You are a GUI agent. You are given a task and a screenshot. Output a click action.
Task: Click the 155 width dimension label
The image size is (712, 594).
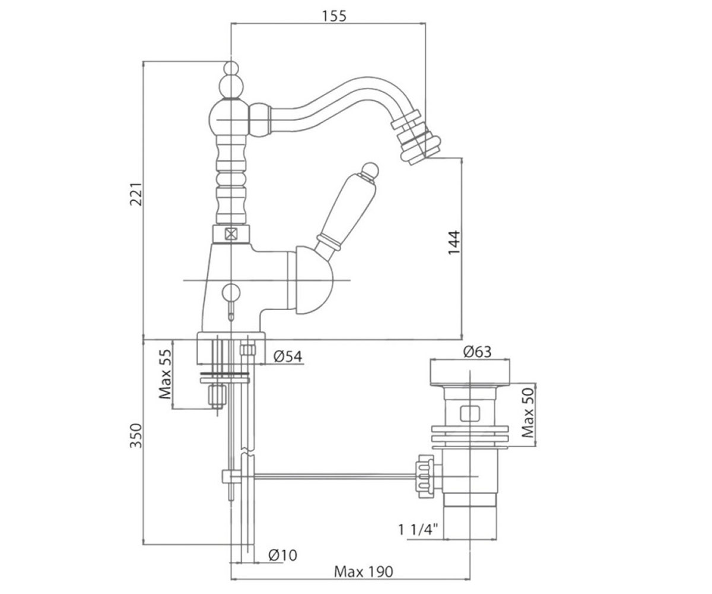tap(334, 16)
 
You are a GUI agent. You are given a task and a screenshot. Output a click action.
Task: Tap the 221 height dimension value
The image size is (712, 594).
tap(136, 194)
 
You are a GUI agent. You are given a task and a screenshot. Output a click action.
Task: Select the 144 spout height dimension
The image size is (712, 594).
tap(454, 242)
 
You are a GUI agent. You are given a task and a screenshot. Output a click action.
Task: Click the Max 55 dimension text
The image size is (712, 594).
tap(166, 374)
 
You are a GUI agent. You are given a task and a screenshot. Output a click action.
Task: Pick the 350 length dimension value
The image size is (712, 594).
tap(136, 435)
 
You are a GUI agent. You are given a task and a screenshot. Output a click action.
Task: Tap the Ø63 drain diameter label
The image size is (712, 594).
tap(478, 352)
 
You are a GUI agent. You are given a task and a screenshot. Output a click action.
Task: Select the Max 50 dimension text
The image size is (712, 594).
tap(528, 413)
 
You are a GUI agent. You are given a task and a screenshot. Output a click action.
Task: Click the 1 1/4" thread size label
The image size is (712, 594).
tap(418, 529)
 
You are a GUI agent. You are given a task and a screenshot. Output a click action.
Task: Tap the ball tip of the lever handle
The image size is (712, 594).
tap(370, 170)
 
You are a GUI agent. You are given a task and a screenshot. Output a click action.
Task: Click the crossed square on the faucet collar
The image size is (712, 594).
tap(231, 234)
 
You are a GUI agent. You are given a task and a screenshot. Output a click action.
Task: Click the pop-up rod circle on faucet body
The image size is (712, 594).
tap(231, 293)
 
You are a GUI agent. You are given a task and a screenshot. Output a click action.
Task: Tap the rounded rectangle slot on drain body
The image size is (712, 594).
tap(470, 414)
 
